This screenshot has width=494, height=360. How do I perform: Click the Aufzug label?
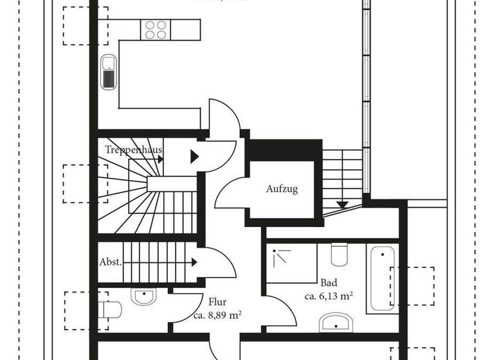(x=282, y=189)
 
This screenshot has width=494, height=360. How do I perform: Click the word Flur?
(x=217, y=301)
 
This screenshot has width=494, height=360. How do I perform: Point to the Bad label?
(x=329, y=283)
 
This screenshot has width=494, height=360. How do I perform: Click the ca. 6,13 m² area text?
(x=329, y=296)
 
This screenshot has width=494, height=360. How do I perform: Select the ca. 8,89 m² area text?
(x=217, y=315)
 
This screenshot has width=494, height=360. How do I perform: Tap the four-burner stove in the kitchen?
(x=156, y=30)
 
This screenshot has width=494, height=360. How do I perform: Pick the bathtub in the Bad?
(x=382, y=278)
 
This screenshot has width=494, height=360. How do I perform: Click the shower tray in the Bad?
(x=292, y=263)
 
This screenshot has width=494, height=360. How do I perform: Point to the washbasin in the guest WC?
(x=143, y=296)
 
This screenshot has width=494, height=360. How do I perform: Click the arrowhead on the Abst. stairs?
(x=194, y=262)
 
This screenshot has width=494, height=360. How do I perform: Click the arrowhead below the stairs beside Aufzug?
(x=342, y=204)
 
